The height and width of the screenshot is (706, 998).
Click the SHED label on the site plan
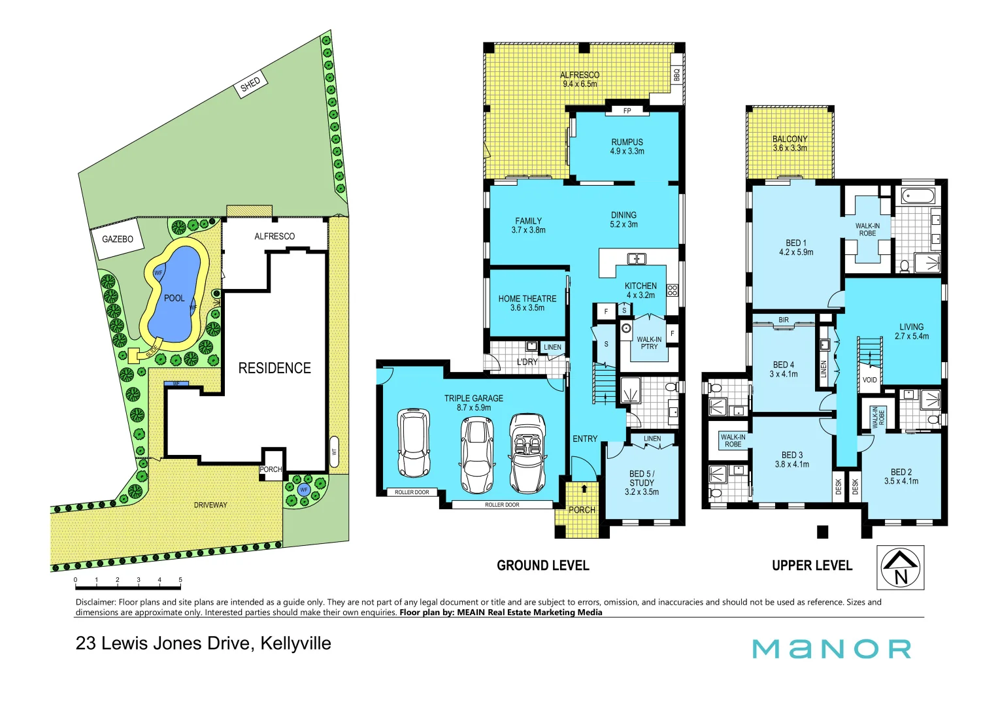pos(250,84)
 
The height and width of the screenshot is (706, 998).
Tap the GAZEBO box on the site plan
pos(118,239)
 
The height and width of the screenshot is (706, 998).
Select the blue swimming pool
pos(173,294)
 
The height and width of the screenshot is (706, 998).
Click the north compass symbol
pos(900,567)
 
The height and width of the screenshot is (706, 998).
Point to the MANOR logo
pos(831,648)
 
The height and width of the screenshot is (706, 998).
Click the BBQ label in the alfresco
pos(676,75)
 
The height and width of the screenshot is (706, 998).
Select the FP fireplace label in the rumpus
pos(627,110)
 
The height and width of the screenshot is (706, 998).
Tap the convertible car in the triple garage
pos(528,452)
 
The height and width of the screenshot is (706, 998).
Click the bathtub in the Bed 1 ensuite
pos(918,195)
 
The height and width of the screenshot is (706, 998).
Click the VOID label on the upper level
pos(869,380)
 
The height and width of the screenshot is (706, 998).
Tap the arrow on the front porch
pos(584,488)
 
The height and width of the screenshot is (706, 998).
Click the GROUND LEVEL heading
pos(542,565)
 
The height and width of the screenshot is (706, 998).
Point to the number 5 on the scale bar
pos(180,580)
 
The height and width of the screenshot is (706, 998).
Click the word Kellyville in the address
pos(295,643)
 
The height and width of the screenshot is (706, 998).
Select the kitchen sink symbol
pos(637,258)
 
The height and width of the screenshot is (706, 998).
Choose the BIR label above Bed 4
pos(784,320)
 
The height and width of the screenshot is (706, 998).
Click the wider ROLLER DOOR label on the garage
pos(502,505)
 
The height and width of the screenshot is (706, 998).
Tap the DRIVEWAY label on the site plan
pos(210,505)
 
